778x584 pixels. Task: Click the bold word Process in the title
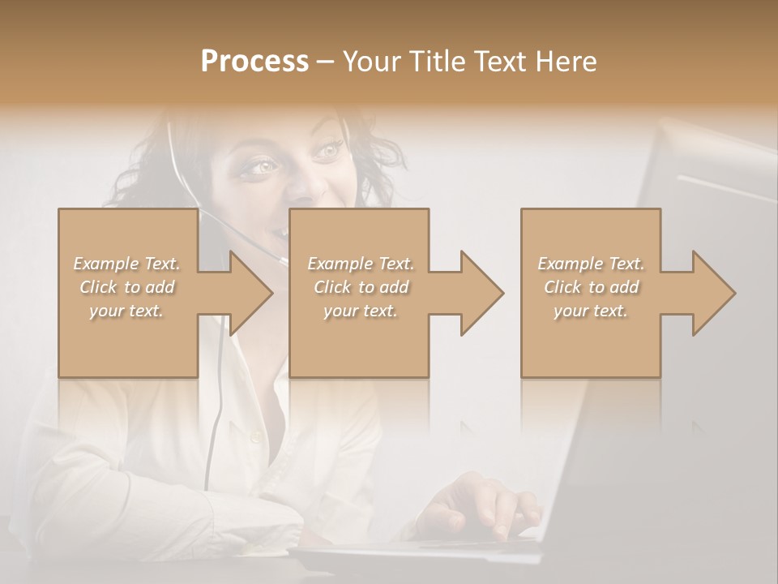click(254, 62)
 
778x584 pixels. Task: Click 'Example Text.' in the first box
click(127, 264)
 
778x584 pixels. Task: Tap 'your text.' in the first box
click(127, 311)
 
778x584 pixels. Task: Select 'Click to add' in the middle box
click(361, 287)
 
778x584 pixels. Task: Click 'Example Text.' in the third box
click(591, 264)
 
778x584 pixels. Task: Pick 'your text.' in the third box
click(591, 311)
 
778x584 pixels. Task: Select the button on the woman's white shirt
click(256, 437)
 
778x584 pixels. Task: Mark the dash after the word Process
click(325, 62)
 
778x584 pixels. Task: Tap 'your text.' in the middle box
click(361, 311)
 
